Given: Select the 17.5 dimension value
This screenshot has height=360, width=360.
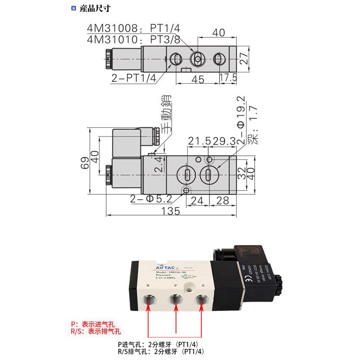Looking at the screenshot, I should [228, 78].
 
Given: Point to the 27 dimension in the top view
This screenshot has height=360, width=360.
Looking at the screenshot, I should [243, 58].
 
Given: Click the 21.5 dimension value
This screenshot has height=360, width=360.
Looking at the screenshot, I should [199, 141].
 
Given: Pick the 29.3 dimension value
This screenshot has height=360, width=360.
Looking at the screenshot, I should [224, 141].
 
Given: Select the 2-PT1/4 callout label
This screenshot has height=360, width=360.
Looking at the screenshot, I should [134, 77].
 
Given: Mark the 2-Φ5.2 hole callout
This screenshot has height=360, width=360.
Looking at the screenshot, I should [151, 198].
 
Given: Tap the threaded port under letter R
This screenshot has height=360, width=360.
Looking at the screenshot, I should [149, 300].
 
